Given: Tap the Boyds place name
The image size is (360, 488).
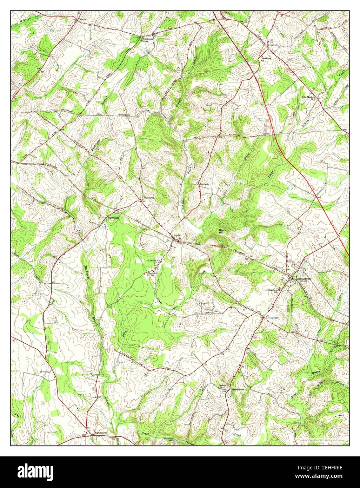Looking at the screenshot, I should click(x=176, y=236).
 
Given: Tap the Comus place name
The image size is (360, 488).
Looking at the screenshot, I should click(x=82, y=19).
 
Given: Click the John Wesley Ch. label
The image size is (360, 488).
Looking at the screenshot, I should click(x=309, y=98).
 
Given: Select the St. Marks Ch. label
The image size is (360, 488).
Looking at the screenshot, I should click(x=154, y=261).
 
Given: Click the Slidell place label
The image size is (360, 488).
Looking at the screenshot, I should click(x=122, y=115).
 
